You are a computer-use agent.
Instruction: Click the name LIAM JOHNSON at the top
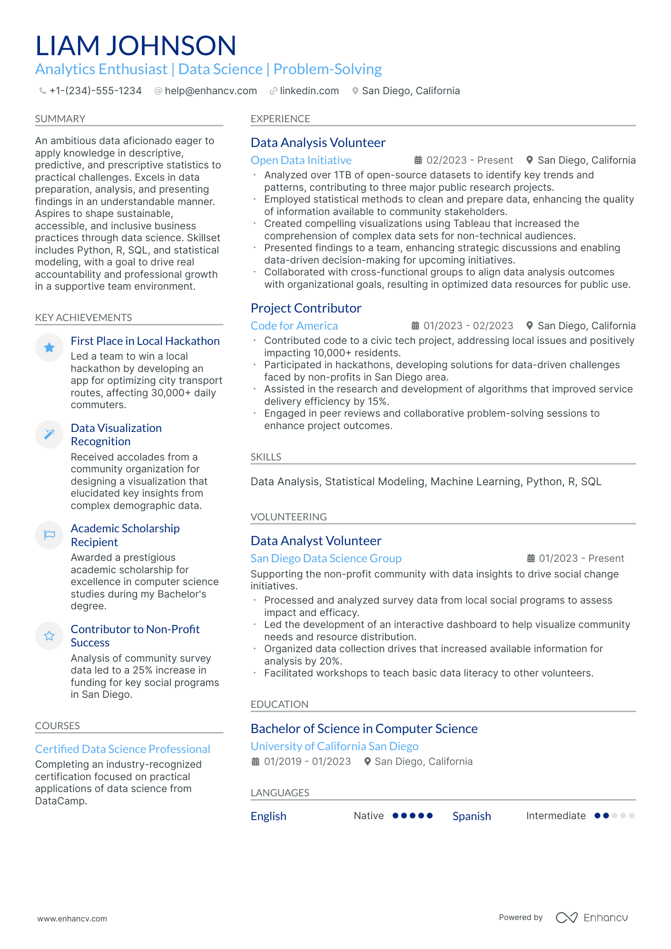tap(136, 46)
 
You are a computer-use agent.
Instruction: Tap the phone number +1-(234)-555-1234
tap(95, 91)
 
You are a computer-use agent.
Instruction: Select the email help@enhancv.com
tap(210, 91)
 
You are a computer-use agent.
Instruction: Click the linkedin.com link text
tap(309, 91)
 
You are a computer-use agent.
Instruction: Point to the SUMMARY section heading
tap(60, 119)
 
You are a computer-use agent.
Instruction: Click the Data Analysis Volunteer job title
tap(318, 143)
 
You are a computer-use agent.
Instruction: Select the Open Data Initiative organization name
tap(301, 160)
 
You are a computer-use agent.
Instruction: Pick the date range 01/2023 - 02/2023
tap(468, 326)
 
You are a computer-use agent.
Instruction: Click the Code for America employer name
tap(294, 326)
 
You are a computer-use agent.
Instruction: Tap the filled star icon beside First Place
tap(49, 348)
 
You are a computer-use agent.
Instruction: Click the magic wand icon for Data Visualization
tap(49, 434)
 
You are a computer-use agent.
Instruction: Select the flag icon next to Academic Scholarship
tap(49, 535)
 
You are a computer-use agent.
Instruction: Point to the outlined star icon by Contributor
tap(49, 636)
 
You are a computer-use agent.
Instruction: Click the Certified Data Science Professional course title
tap(122, 749)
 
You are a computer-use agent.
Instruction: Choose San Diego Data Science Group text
tap(326, 558)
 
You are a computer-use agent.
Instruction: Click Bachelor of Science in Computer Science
tap(364, 729)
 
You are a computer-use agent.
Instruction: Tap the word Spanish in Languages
tap(472, 816)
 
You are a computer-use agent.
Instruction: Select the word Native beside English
tap(368, 816)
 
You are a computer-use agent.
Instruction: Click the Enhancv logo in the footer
tap(592, 918)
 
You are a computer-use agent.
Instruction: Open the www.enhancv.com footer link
tap(72, 919)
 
